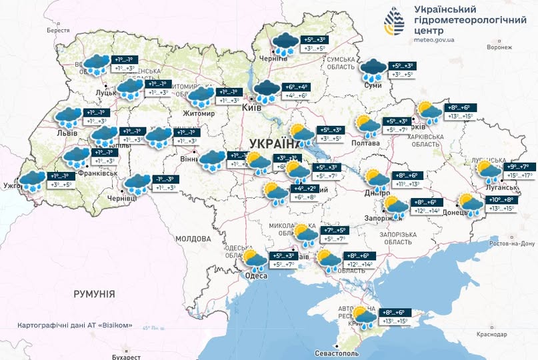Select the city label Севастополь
340,352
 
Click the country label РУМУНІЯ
94,293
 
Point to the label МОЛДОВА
193,238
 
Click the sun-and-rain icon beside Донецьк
469,203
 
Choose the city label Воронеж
499,48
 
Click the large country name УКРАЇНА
273,144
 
